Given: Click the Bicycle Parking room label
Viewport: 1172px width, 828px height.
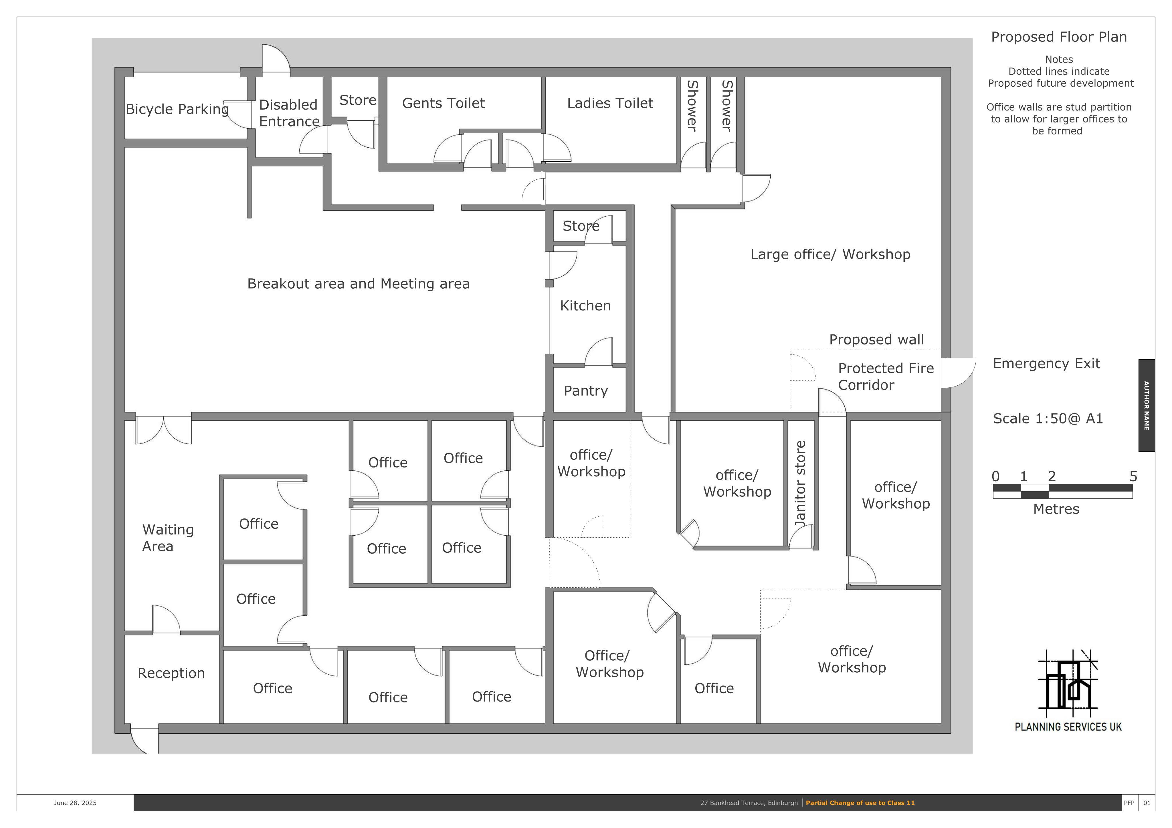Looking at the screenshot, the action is (177, 109).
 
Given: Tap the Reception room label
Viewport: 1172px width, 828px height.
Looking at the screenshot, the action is (171, 673).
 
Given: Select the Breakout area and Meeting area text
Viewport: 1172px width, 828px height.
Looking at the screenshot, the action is (358, 284).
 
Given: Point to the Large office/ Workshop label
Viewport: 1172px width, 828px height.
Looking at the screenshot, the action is (830, 254).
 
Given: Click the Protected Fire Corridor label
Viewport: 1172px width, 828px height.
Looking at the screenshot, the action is (886, 377).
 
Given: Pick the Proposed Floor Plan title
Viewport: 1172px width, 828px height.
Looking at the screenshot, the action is (1059, 37).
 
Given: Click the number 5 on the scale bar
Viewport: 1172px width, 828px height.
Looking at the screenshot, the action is (1133, 476).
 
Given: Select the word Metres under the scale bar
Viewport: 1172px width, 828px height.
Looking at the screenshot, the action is (1056, 509).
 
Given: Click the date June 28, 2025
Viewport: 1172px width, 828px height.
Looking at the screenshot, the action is (75, 803).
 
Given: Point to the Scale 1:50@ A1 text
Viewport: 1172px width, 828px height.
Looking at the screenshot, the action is (1048, 419).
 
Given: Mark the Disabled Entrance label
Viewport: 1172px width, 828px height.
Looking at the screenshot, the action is (289, 113).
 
